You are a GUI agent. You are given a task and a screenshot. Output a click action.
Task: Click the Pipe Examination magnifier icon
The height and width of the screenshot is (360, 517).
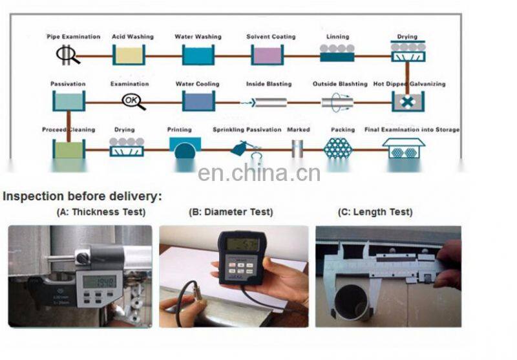[x=67, y=55]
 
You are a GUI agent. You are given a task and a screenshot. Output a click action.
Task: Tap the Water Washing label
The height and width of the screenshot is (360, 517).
[x=197, y=37]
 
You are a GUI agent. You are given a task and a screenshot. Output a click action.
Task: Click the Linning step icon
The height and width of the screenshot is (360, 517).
[x=337, y=53]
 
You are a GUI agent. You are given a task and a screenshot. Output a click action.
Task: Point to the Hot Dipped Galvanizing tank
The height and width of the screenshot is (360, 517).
[x=407, y=101]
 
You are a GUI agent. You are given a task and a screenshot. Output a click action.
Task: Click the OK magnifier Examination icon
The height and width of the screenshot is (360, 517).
[x=132, y=101]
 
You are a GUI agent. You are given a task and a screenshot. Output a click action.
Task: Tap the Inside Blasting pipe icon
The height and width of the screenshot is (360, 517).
[x=268, y=102]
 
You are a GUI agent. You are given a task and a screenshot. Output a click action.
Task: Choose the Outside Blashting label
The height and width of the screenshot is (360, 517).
[x=339, y=84]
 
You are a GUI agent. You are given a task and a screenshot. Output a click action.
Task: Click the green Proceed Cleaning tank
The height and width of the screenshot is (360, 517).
[x=68, y=149]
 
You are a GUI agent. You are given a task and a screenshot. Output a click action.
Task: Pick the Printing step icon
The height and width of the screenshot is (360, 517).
[x=185, y=148]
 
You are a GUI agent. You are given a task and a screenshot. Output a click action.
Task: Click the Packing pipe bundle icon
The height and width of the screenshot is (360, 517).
[x=339, y=147]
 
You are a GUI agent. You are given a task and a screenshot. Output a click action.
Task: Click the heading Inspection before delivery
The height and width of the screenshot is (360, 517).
[x=83, y=196]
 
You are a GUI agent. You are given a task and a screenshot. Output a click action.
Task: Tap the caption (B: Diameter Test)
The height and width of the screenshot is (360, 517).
[x=231, y=212]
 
